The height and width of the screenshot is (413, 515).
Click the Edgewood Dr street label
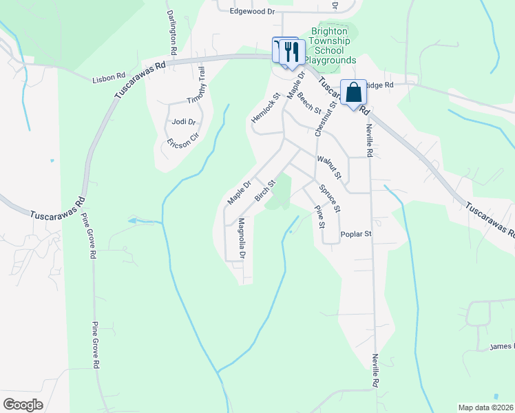252,12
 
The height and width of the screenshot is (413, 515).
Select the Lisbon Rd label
108,80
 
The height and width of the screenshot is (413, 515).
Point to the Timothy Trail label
202,85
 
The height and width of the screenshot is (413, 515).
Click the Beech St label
310,103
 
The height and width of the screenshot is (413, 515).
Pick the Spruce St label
330,198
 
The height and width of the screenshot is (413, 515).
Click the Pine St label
319,215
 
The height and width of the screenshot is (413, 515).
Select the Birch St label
265,190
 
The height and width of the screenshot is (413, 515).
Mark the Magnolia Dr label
241,238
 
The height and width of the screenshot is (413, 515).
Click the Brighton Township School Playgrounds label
334,46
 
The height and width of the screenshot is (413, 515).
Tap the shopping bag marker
353,92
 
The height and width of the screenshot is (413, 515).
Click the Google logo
23,405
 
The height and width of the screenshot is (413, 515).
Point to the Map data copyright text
486,407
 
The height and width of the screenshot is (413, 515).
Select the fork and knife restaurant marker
291,51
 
